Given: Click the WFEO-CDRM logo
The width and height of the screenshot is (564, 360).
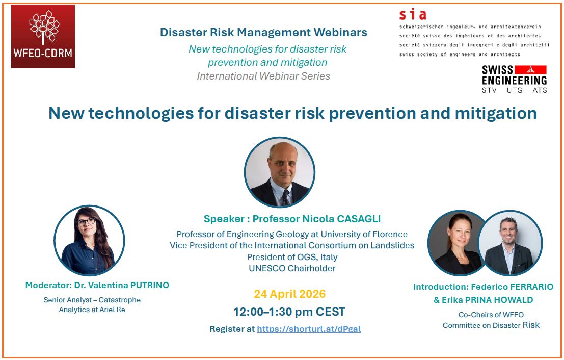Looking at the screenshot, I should tap(43, 36).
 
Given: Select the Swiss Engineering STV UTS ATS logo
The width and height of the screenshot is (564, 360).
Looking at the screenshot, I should tap(514, 79).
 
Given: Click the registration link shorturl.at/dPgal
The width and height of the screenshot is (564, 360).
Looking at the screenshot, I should tap(309, 329).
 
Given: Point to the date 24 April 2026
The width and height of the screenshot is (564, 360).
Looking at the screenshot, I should tap(289, 294).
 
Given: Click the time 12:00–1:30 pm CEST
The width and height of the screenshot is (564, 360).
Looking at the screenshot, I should tap(289, 312).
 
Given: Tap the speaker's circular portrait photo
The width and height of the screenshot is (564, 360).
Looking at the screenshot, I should tap(279, 172).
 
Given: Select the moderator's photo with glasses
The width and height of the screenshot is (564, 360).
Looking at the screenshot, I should tap(89, 240).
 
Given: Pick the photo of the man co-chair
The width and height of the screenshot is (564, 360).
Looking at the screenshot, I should tap(510, 243).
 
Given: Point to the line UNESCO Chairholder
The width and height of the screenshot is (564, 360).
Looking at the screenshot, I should tap(292, 268).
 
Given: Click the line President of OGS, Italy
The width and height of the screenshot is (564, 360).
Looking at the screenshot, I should tap(292, 257).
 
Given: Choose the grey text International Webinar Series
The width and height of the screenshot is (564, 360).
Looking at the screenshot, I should tap(263, 76).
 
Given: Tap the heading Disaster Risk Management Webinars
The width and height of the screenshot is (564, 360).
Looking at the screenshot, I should tap(263, 32).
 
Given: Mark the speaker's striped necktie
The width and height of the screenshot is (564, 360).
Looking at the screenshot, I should tap(285, 196).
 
